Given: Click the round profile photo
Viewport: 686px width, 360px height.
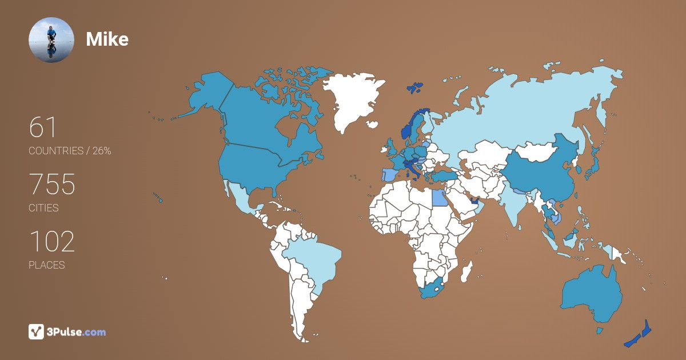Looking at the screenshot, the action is [x=51, y=39].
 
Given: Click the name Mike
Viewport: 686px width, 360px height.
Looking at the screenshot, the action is [x=107, y=39].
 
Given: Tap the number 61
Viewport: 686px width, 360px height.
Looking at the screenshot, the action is [x=43, y=127].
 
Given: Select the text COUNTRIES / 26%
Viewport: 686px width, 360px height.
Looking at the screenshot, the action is [x=70, y=151].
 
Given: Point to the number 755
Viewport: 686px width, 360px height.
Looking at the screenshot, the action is [x=52, y=185].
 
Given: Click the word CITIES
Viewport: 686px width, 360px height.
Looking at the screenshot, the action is [x=43, y=208].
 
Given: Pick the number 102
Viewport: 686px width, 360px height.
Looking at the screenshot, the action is [x=51, y=242].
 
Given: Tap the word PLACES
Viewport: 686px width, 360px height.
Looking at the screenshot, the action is [x=46, y=265].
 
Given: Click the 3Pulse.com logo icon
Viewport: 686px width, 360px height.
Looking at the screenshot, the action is [x=36, y=331].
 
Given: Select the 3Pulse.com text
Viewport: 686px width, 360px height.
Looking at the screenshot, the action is [x=77, y=332].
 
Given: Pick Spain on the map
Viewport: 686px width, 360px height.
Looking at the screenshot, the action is [x=389, y=174].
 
